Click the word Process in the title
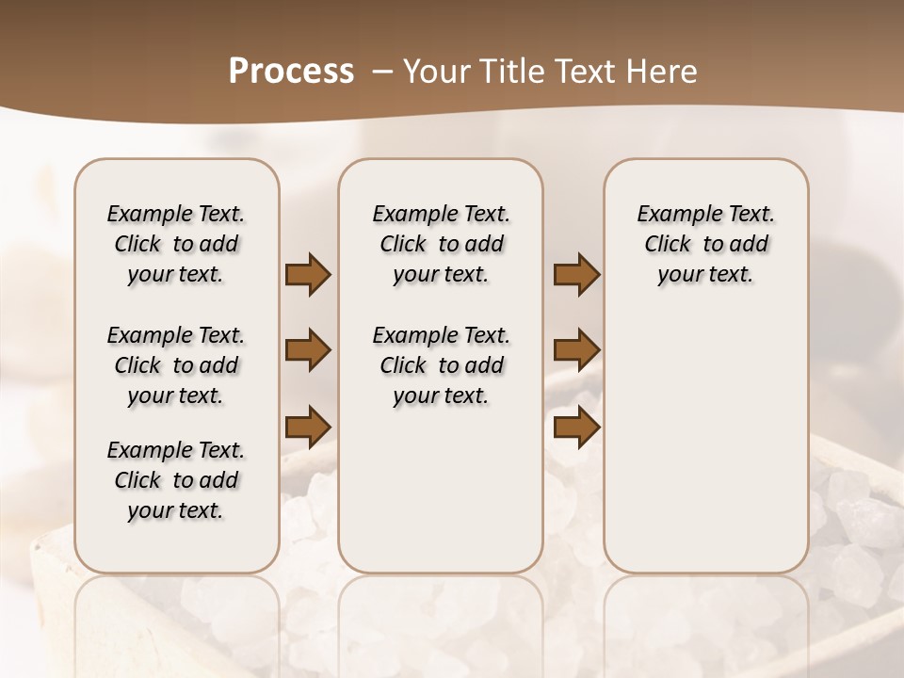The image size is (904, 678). (291, 71)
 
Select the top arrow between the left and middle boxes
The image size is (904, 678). (308, 274)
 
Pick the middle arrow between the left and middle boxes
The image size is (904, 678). (308, 350)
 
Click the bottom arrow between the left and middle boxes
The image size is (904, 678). (308, 427)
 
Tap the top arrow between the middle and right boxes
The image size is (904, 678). (576, 274)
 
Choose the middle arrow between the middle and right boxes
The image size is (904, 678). (576, 350)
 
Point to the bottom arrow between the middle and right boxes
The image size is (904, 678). (576, 427)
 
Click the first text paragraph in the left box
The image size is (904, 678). (176, 244)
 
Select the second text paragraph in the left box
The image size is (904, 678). (176, 365)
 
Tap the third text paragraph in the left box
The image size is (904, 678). (176, 480)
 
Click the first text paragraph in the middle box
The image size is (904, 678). (442, 244)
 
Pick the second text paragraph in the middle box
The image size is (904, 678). (442, 365)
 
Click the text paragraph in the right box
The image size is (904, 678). (706, 244)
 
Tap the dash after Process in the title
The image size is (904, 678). (383, 71)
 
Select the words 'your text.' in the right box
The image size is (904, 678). (706, 274)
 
